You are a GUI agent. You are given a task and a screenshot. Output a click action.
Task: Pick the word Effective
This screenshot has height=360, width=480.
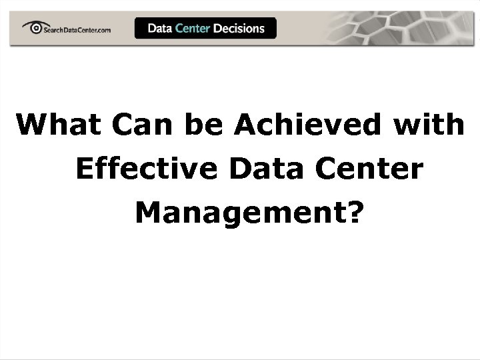[146, 169]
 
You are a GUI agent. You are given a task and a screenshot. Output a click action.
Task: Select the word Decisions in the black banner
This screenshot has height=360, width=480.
[239, 28]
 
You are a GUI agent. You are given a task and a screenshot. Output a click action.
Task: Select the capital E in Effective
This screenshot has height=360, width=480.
[84, 169]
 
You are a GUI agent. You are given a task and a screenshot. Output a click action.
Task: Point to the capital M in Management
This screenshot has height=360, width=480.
[148, 213]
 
